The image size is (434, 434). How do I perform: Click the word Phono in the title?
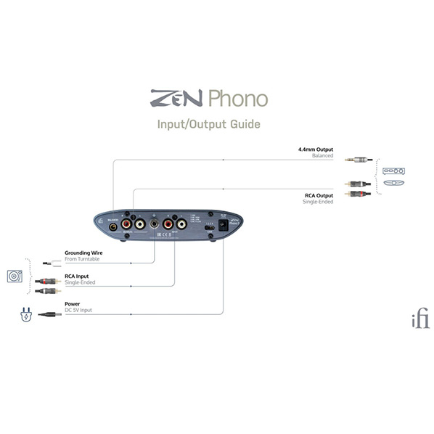[x=237, y=99]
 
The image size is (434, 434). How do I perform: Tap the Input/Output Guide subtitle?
[x=208, y=124]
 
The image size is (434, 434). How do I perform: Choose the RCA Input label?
[x=78, y=277]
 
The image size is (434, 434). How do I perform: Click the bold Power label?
[x=73, y=304]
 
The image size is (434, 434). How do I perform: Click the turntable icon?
[x=15, y=277]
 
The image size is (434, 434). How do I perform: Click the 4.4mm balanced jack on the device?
[x=113, y=226]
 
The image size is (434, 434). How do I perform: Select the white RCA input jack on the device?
[x=181, y=226]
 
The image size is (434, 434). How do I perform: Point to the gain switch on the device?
[x=209, y=227]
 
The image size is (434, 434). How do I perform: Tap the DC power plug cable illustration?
[x=49, y=314]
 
